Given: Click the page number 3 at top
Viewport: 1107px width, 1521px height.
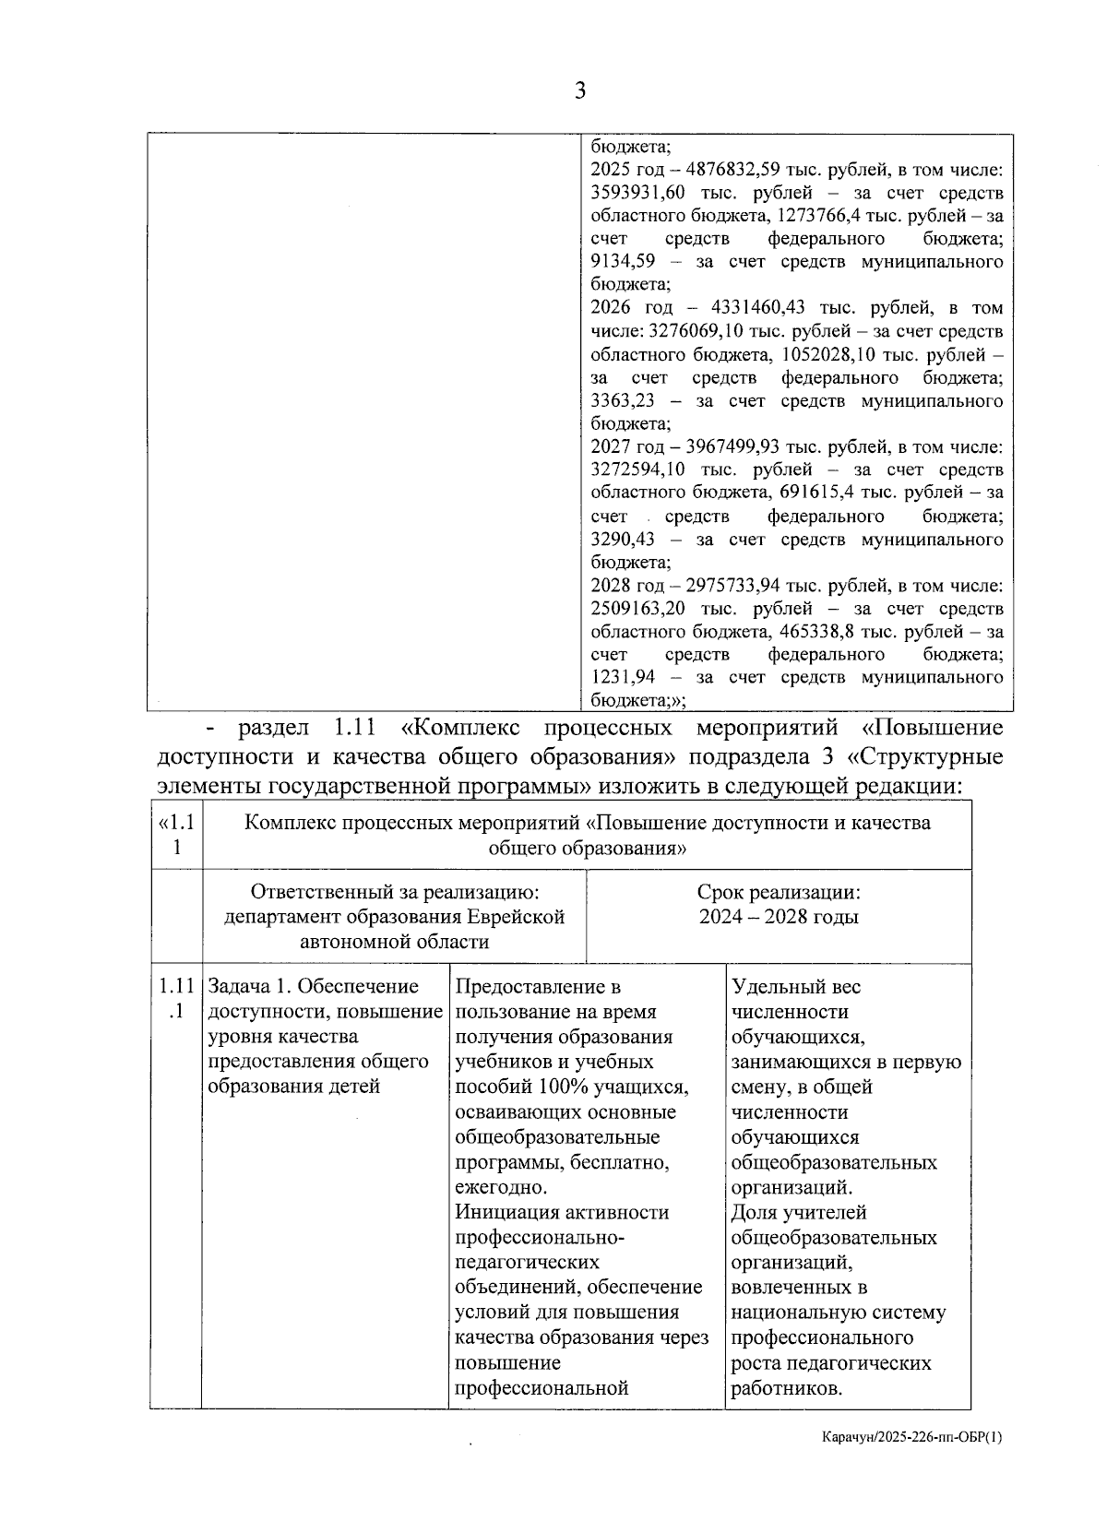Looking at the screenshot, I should coord(580,90).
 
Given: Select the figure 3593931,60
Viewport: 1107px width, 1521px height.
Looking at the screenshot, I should coord(634,194).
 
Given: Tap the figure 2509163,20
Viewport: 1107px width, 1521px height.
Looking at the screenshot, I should coord(634,609).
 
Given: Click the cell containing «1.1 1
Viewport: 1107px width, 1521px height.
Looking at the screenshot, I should coord(177,834).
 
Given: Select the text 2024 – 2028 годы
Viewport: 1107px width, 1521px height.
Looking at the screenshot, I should coord(779,917).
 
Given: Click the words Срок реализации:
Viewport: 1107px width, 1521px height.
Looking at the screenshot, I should coord(779,893).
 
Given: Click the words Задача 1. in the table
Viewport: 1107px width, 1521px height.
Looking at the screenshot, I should coord(253,987).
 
